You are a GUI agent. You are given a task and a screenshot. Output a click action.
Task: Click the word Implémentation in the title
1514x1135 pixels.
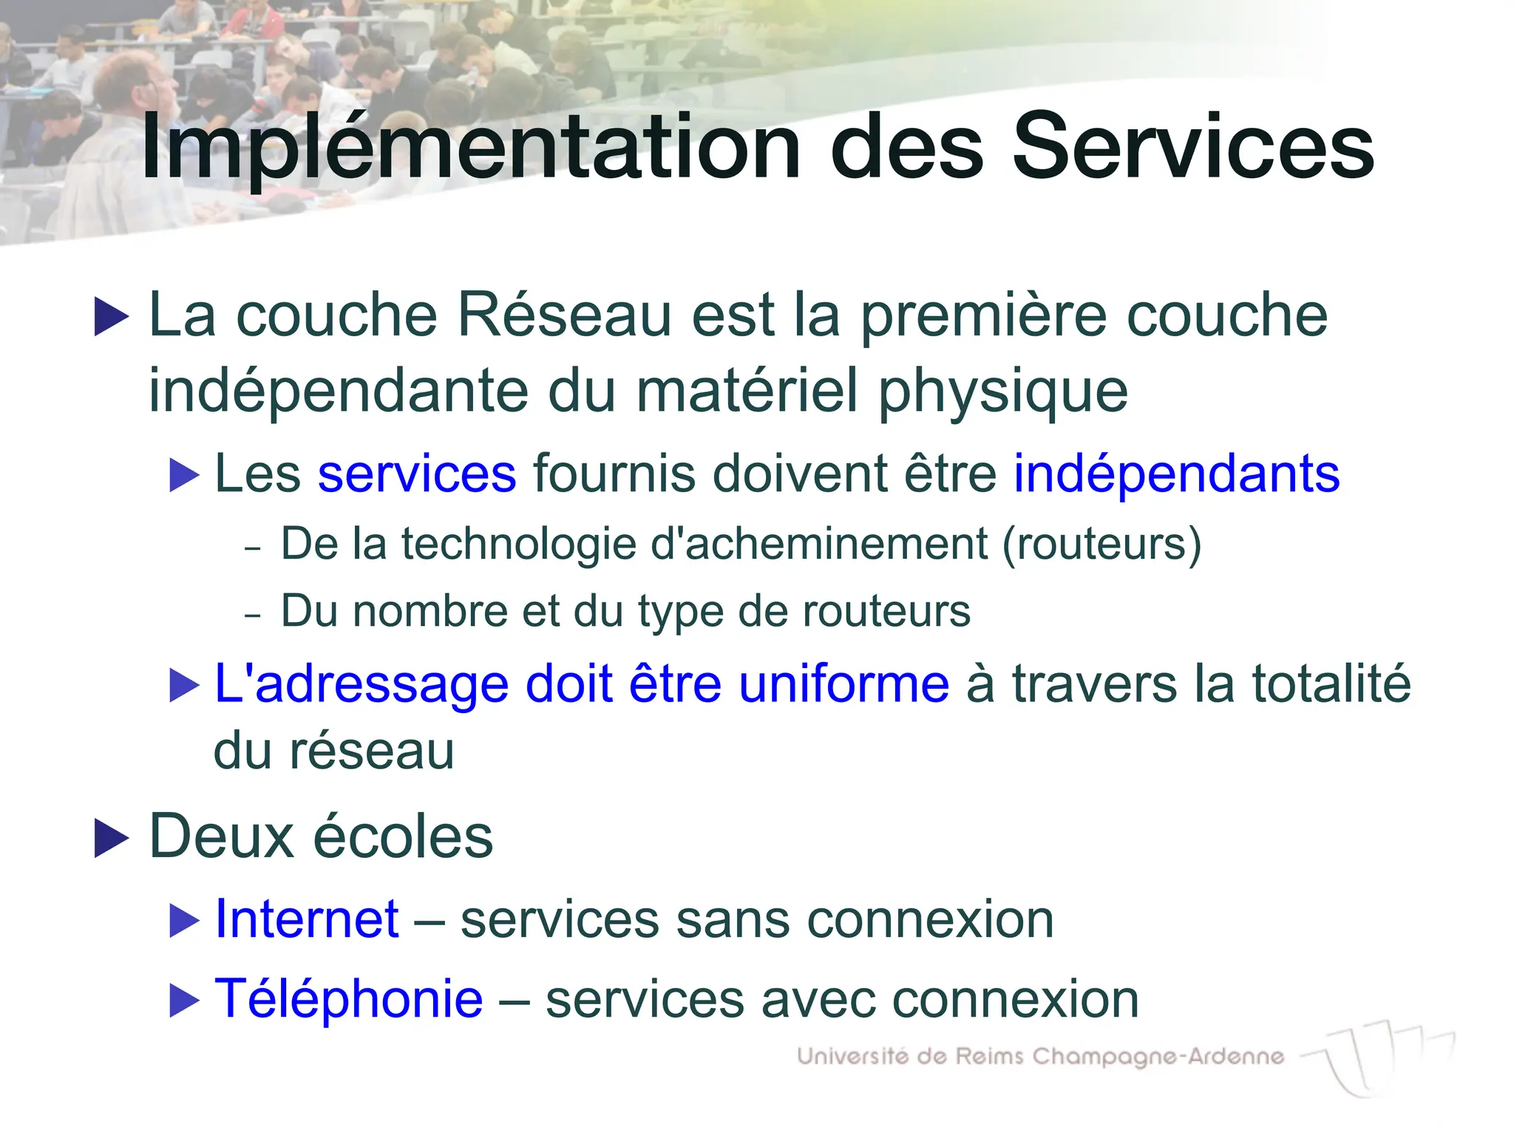[471, 148]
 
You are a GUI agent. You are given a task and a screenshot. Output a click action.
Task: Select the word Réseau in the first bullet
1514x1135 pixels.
[564, 316]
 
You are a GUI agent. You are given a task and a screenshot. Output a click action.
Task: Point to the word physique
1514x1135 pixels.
[1003, 392]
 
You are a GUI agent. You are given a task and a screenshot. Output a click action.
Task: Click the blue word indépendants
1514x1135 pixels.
[1176, 474]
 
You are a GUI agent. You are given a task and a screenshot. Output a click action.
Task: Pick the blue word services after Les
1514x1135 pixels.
[417, 474]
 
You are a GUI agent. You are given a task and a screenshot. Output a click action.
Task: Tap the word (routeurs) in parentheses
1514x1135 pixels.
[1101, 545]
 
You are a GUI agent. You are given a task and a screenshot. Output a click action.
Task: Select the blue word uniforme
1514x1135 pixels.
[843, 684]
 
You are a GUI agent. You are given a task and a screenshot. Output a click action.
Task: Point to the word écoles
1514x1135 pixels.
[404, 836]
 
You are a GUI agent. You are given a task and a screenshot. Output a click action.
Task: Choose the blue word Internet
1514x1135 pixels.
[307, 920]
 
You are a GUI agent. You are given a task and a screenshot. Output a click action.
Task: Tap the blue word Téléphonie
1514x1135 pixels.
[348, 999]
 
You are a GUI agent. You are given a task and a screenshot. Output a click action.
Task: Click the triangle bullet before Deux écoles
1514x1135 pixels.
[112, 839]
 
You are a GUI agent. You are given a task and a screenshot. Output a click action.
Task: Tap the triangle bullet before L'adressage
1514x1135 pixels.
[184, 685]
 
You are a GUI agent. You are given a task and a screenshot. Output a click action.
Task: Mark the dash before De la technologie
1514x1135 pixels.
[253, 548]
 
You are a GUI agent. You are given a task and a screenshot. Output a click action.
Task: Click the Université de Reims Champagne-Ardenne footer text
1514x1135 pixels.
[1040, 1057]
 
